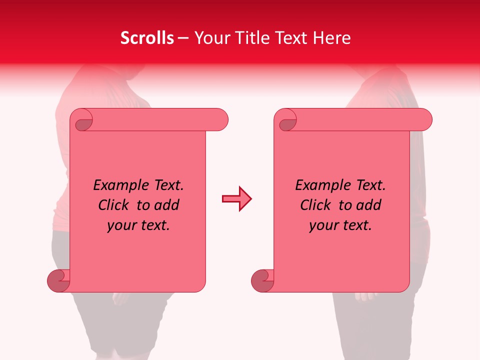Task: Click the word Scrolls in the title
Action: click(147, 38)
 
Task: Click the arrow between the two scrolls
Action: click(236, 199)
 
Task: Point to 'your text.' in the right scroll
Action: click(340, 225)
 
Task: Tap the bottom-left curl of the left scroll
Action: click(59, 280)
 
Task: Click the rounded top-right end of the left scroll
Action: click(220, 119)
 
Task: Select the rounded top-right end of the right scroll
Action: click(424, 119)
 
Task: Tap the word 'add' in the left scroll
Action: click(167, 205)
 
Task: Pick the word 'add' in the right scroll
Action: click(369, 205)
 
